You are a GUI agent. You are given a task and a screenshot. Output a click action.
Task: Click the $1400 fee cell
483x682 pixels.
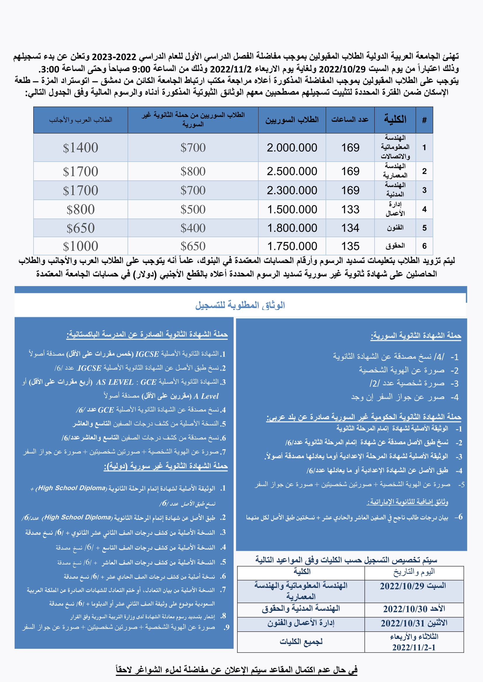tap(80, 148)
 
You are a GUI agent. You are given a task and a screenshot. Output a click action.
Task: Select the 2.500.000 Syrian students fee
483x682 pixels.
tap(292, 171)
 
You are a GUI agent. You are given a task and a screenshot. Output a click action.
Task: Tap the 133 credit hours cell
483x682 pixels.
tap(350, 209)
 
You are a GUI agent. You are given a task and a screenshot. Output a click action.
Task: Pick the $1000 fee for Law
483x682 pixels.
tap(80, 246)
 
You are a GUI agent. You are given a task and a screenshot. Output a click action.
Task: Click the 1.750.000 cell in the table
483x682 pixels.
tap(292, 246)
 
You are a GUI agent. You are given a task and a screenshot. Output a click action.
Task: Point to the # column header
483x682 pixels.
tap(424, 120)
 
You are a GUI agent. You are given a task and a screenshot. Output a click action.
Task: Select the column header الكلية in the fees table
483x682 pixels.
tap(395, 120)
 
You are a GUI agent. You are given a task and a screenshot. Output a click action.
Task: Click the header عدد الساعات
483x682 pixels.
tap(350, 120)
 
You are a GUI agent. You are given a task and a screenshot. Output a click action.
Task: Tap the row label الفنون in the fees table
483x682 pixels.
tap(395, 228)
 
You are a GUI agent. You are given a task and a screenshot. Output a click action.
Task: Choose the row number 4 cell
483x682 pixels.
tap(424, 209)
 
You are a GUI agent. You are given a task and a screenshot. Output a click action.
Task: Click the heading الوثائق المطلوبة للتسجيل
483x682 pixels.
tap(240, 305)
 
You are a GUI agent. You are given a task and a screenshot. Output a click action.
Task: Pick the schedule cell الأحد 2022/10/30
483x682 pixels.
tap(414, 609)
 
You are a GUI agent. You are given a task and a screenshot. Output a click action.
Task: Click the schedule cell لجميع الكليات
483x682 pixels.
tap(301, 641)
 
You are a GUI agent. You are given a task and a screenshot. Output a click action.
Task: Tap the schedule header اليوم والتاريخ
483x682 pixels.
tap(414, 572)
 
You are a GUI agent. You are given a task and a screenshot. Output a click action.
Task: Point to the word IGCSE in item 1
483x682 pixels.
tap(147, 354)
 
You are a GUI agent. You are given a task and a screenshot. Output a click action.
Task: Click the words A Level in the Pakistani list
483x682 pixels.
tap(206, 396)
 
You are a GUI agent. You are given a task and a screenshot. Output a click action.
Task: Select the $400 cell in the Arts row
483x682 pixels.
tap(193, 228)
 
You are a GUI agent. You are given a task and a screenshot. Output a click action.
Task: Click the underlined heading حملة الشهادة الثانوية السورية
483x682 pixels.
tap(416, 336)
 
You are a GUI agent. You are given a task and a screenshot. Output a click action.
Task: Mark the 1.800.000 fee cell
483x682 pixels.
tap(292, 228)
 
